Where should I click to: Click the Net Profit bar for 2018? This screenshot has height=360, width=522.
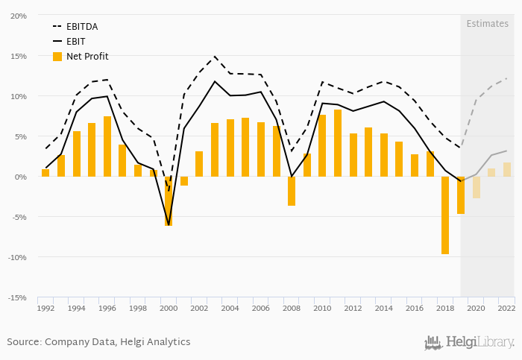point(445,215)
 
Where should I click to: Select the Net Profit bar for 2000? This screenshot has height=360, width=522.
point(169,201)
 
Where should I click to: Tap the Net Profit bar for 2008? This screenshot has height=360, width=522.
point(292,191)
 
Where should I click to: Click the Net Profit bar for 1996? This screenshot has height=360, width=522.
point(107,146)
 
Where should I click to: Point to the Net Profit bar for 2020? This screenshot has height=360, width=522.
point(477,187)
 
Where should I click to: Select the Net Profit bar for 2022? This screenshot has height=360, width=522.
point(507,169)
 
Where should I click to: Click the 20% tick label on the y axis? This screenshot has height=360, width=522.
point(19,16)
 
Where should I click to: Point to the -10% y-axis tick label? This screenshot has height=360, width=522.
point(17,257)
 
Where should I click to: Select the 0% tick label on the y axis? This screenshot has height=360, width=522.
point(21,177)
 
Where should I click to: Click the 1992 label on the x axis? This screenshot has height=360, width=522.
point(45,308)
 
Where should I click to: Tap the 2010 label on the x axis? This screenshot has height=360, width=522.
point(322,308)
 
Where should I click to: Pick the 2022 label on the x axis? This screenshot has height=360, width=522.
point(507,308)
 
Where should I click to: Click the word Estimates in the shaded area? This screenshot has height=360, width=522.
point(487,24)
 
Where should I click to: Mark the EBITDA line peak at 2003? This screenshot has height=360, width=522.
point(215,56)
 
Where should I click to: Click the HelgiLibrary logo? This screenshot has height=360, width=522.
point(469,343)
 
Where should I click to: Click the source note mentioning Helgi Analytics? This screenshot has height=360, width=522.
point(98,342)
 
